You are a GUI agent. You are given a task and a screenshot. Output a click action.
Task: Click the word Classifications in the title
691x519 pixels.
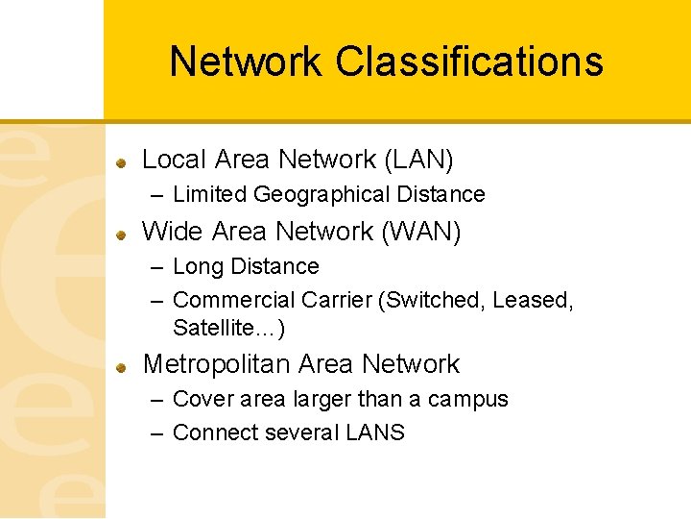pyautogui.click(x=469, y=62)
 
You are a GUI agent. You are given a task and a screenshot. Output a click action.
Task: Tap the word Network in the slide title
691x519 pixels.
pyautogui.click(x=246, y=62)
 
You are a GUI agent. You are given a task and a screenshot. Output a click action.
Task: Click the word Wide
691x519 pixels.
pyautogui.click(x=172, y=232)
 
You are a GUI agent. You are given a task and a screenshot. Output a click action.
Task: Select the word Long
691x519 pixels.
pyautogui.click(x=198, y=266)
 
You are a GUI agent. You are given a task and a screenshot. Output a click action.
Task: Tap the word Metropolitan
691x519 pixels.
pyautogui.click(x=217, y=364)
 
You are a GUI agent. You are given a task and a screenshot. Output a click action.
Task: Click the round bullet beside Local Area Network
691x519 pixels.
pyautogui.click(x=122, y=161)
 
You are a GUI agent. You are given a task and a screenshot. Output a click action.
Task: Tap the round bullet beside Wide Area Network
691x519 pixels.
pyautogui.click(x=122, y=234)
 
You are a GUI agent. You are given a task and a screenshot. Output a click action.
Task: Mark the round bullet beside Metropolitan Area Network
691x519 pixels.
pyautogui.click(x=122, y=366)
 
